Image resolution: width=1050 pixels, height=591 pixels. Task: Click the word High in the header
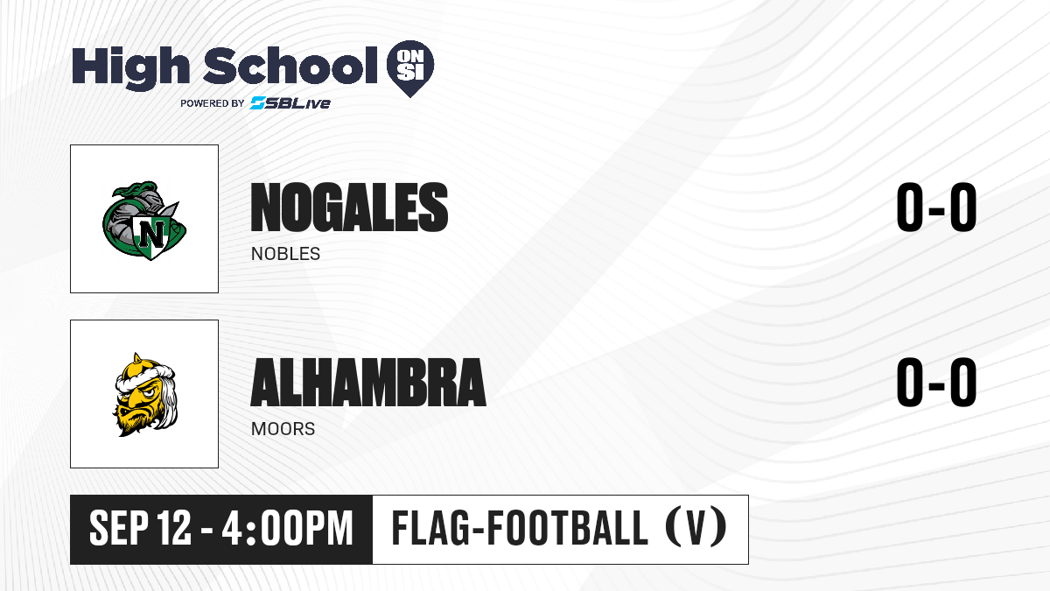pos(130,67)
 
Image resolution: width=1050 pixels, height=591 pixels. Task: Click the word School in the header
pos(290,65)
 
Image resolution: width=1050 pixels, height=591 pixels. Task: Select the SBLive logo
pos(290,103)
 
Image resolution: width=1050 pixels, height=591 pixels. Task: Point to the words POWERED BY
pos(212,103)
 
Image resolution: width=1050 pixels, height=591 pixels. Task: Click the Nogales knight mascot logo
pos(144,220)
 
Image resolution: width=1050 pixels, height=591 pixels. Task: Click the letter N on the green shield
pos(151,234)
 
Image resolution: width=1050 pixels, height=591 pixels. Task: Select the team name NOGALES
pos(349,208)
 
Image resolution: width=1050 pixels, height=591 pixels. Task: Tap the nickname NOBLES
pos(285,254)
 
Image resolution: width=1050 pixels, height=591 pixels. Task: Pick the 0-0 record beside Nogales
pos(936,208)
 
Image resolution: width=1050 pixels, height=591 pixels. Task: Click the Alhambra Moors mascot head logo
pos(145,395)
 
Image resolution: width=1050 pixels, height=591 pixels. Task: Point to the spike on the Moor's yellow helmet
pos(137,358)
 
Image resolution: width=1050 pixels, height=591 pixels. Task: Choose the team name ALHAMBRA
pos(368,383)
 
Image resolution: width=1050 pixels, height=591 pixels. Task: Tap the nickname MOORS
pos(283,429)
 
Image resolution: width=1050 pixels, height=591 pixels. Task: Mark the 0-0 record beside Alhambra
pos(936,383)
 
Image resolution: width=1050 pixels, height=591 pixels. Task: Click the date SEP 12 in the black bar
pos(140,529)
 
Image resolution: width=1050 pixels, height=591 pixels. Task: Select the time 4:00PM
pos(287,529)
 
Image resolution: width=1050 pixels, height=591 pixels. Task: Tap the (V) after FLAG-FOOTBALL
pos(696,529)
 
